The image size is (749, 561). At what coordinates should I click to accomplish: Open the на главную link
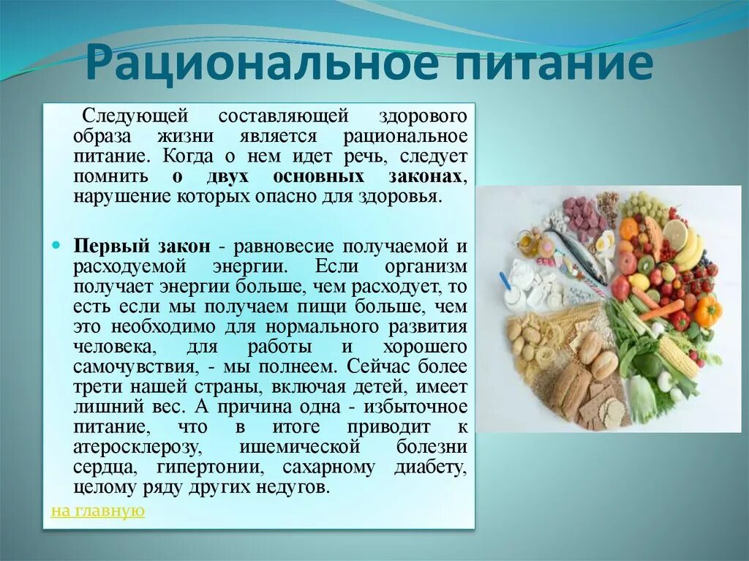coord(97,511)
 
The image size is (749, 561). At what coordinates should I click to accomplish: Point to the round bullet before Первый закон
coord(56,246)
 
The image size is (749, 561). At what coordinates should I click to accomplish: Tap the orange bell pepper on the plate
coord(707,310)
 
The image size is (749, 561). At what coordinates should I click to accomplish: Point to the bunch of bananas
coord(689,249)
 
